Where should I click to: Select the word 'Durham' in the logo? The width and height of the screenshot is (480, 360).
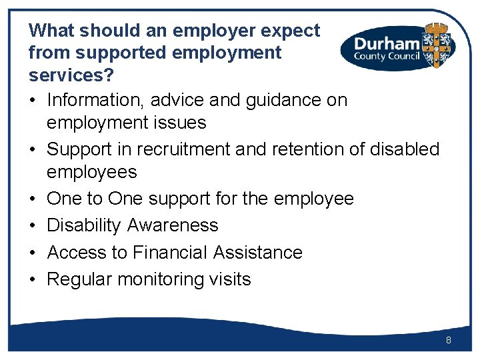coord(387,44)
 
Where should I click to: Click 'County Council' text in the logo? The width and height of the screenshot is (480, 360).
coord(387,57)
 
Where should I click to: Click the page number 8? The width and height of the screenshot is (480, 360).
coord(449,341)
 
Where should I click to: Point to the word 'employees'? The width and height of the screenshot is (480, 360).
coord(91,172)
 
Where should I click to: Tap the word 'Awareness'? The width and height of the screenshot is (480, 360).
coord(173,225)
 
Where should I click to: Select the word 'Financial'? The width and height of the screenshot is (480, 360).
coord(169,253)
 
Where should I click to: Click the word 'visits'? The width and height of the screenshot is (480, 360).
coord(229,279)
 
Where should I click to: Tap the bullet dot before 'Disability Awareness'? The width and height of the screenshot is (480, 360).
coord(33,226)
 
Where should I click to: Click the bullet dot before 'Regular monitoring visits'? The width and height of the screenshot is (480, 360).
coord(33,280)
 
